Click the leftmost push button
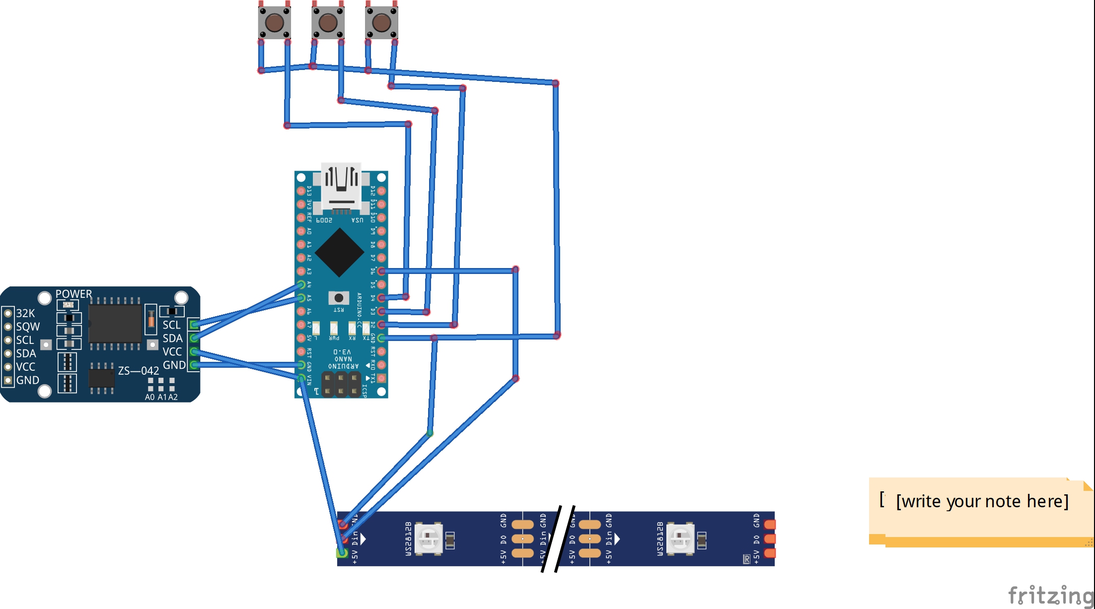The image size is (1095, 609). click(274, 22)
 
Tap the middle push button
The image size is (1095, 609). click(328, 22)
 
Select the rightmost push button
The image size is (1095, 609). click(381, 22)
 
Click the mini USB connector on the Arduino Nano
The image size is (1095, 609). click(341, 186)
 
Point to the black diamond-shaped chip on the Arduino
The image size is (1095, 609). click(340, 252)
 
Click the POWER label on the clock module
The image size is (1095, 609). click(73, 294)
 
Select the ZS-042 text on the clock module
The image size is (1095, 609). click(139, 371)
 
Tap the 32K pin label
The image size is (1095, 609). click(25, 313)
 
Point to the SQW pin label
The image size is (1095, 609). click(28, 327)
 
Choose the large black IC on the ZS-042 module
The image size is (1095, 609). click(115, 323)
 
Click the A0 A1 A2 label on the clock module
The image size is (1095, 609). click(161, 397)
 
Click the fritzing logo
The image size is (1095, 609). click(1050, 595)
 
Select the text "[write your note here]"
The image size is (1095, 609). click(982, 501)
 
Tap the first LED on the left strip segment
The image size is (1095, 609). click(429, 538)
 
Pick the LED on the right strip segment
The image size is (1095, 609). click(680, 538)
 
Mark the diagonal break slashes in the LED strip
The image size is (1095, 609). click(558, 539)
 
